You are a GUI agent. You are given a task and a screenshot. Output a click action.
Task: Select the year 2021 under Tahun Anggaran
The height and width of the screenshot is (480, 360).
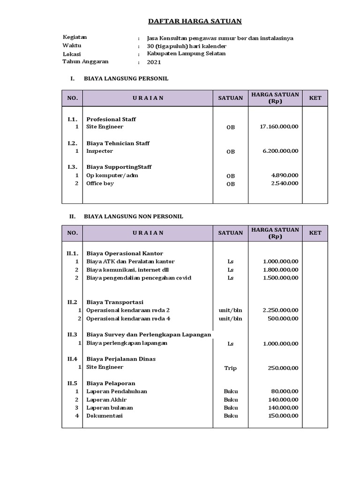click(x=153, y=62)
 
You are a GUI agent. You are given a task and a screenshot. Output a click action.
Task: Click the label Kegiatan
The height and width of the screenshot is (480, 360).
click(x=75, y=37)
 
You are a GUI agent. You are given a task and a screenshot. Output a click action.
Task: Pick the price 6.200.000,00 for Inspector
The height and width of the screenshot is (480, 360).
click(x=281, y=151)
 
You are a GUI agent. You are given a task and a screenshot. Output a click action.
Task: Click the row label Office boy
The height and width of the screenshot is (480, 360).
click(x=100, y=183)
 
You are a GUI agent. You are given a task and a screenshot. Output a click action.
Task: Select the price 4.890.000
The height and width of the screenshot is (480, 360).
click(x=285, y=175)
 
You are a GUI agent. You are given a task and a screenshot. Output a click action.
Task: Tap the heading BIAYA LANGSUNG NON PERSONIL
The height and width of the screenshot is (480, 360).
click(x=133, y=217)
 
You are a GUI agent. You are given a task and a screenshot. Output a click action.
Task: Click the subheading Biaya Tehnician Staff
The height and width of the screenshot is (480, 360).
click(x=118, y=143)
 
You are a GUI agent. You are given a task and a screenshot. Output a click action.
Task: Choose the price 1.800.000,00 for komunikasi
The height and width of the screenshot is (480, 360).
click(x=280, y=270)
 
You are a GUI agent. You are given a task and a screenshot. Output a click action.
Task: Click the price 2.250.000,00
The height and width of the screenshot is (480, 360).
click(x=280, y=310)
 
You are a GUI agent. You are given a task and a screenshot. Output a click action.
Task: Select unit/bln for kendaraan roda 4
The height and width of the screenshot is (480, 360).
click(x=230, y=319)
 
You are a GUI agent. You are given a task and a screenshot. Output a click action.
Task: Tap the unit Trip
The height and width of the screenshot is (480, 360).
click(x=230, y=368)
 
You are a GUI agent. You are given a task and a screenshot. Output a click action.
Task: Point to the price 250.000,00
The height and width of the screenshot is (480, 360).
click(x=283, y=368)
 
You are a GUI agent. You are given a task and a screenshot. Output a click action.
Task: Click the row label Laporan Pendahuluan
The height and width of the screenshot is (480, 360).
click(x=116, y=391)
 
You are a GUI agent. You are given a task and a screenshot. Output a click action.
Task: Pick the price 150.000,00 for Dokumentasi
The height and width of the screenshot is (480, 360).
click(x=283, y=416)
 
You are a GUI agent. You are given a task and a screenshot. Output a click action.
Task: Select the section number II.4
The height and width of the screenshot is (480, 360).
click(x=72, y=359)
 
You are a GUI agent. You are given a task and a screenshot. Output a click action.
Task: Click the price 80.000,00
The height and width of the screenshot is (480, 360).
click(x=285, y=391)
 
